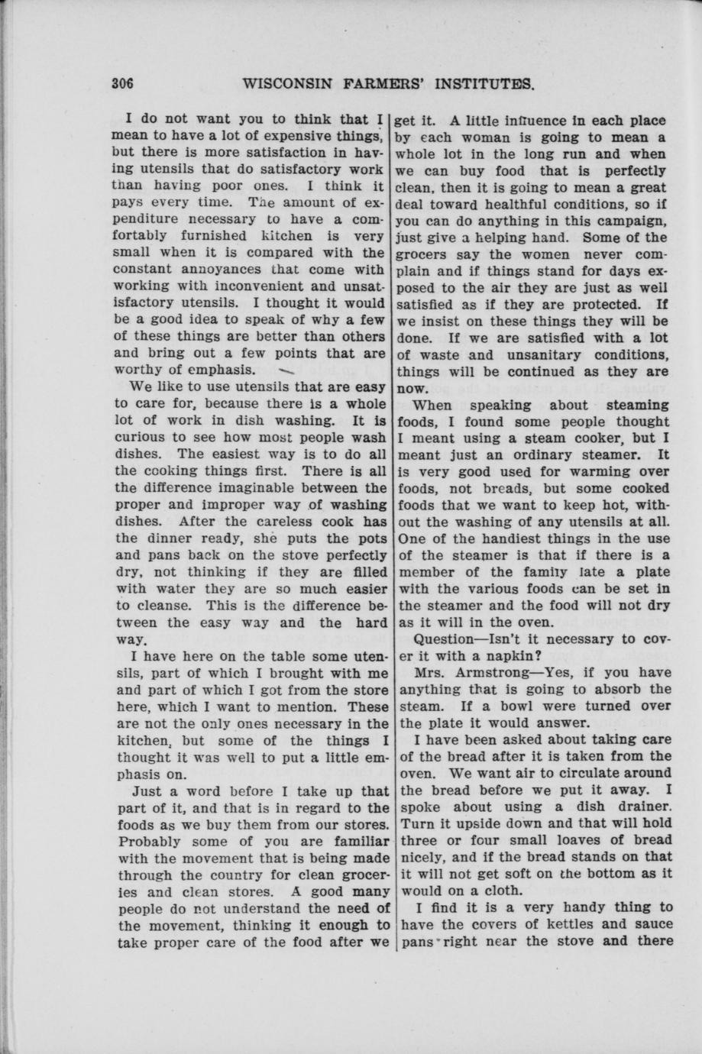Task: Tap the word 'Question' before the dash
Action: point(444,639)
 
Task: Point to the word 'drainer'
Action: point(643,807)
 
